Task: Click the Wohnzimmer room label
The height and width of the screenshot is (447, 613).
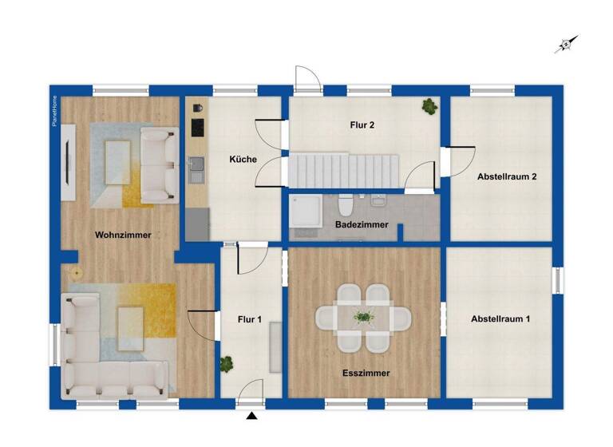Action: tap(123, 235)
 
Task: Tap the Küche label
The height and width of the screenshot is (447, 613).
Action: tap(243, 160)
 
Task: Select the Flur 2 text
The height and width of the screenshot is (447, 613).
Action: tap(362, 125)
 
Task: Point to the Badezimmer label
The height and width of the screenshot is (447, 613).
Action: tap(362, 225)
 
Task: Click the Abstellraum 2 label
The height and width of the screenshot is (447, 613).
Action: tap(506, 176)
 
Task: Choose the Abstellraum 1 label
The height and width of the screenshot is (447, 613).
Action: tap(500, 318)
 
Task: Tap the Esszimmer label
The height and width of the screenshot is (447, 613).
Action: tap(366, 372)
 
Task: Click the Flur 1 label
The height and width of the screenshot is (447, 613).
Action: tap(250, 320)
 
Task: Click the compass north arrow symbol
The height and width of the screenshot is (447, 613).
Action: tap(566, 44)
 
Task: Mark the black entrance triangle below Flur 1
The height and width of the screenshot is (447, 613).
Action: tap(252, 416)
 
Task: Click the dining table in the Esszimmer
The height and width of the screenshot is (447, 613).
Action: tap(363, 318)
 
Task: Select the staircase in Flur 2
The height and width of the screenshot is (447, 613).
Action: tap(344, 169)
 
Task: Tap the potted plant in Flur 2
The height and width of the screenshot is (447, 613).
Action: tap(430, 105)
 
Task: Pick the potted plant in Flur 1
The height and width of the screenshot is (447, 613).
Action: tap(227, 363)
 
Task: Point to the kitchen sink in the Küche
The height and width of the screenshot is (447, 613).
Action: tap(196, 170)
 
